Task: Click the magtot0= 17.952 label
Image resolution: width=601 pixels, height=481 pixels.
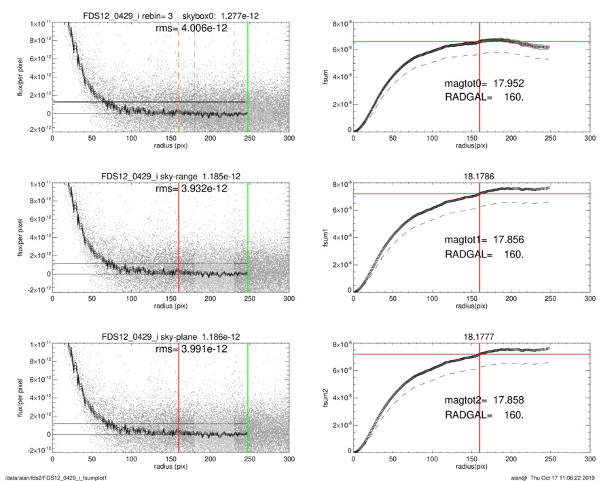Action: pos(484,84)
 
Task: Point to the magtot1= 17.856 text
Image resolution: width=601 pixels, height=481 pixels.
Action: pos(484,240)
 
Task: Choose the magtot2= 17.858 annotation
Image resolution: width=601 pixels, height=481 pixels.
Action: pos(484,400)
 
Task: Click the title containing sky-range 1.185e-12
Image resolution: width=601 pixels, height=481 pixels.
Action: pos(170,177)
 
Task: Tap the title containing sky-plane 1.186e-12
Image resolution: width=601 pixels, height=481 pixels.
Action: pos(170,337)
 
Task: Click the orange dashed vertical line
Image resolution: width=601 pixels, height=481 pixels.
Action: pos(179,75)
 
